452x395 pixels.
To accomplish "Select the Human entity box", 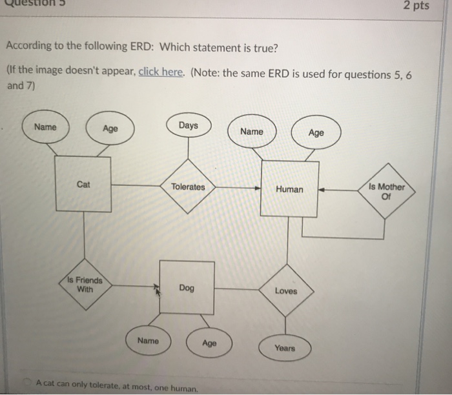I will click(289, 188).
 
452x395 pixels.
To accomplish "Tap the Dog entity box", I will click(187, 288).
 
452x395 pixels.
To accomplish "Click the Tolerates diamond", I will click(188, 187).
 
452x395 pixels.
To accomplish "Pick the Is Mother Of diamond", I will click(387, 192).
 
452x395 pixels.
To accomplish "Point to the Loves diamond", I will click(285, 291).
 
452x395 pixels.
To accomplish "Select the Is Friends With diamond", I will click(85, 284).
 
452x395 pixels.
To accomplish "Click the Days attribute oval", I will click(189, 126).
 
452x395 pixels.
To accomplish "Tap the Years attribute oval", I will click(285, 348).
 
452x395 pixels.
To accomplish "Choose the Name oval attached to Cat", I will click(45, 127).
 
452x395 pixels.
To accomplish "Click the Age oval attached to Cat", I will click(110, 128).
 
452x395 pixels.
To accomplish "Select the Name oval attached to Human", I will click(252, 132).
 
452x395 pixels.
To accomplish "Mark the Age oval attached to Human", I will click(316, 133).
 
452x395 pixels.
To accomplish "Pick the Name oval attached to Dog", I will click(148, 341).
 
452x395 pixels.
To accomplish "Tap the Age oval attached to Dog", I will click(209, 343).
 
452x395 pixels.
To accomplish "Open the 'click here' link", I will click(161, 72).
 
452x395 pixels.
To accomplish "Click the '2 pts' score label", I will click(416, 6).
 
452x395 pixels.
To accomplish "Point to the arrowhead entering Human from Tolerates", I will click(257, 188).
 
